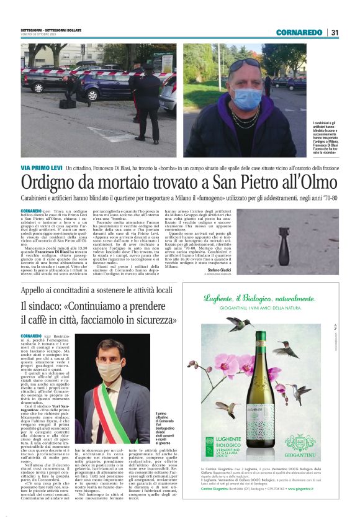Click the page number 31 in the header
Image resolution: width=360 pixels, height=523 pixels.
click(x=335, y=32)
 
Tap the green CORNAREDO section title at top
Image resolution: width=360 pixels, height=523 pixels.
click(x=300, y=32)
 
